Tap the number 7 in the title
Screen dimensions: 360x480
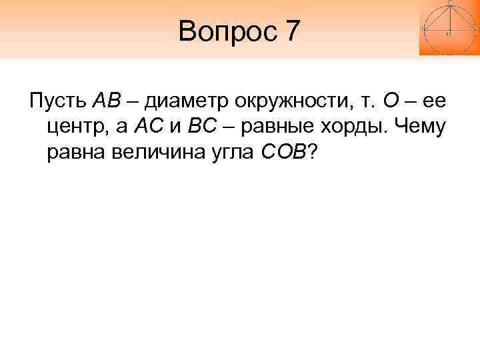pyautogui.click(x=291, y=31)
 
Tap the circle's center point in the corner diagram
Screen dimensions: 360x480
pyautogui.click(x=449, y=31)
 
